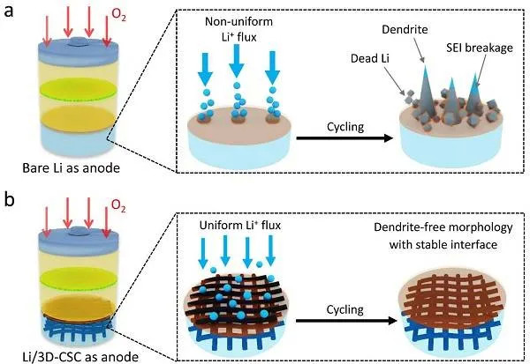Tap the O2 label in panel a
coord(118,14)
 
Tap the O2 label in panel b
coord(118,205)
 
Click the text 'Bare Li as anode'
coord(71,167)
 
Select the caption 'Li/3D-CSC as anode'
coord(80,357)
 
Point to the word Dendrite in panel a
coord(405,30)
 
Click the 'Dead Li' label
coord(370,58)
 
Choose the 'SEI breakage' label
coord(480,48)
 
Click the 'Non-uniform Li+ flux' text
coord(238,29)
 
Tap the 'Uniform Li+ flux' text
coord(240,225)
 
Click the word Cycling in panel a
coord(345,127)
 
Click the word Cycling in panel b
coord(345,309)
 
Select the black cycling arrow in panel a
coord(344,138)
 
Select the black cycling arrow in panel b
coord(346,321)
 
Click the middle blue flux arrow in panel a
coord(237,61)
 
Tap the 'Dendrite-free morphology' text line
coord(443,227)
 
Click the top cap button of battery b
coord(79,231)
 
